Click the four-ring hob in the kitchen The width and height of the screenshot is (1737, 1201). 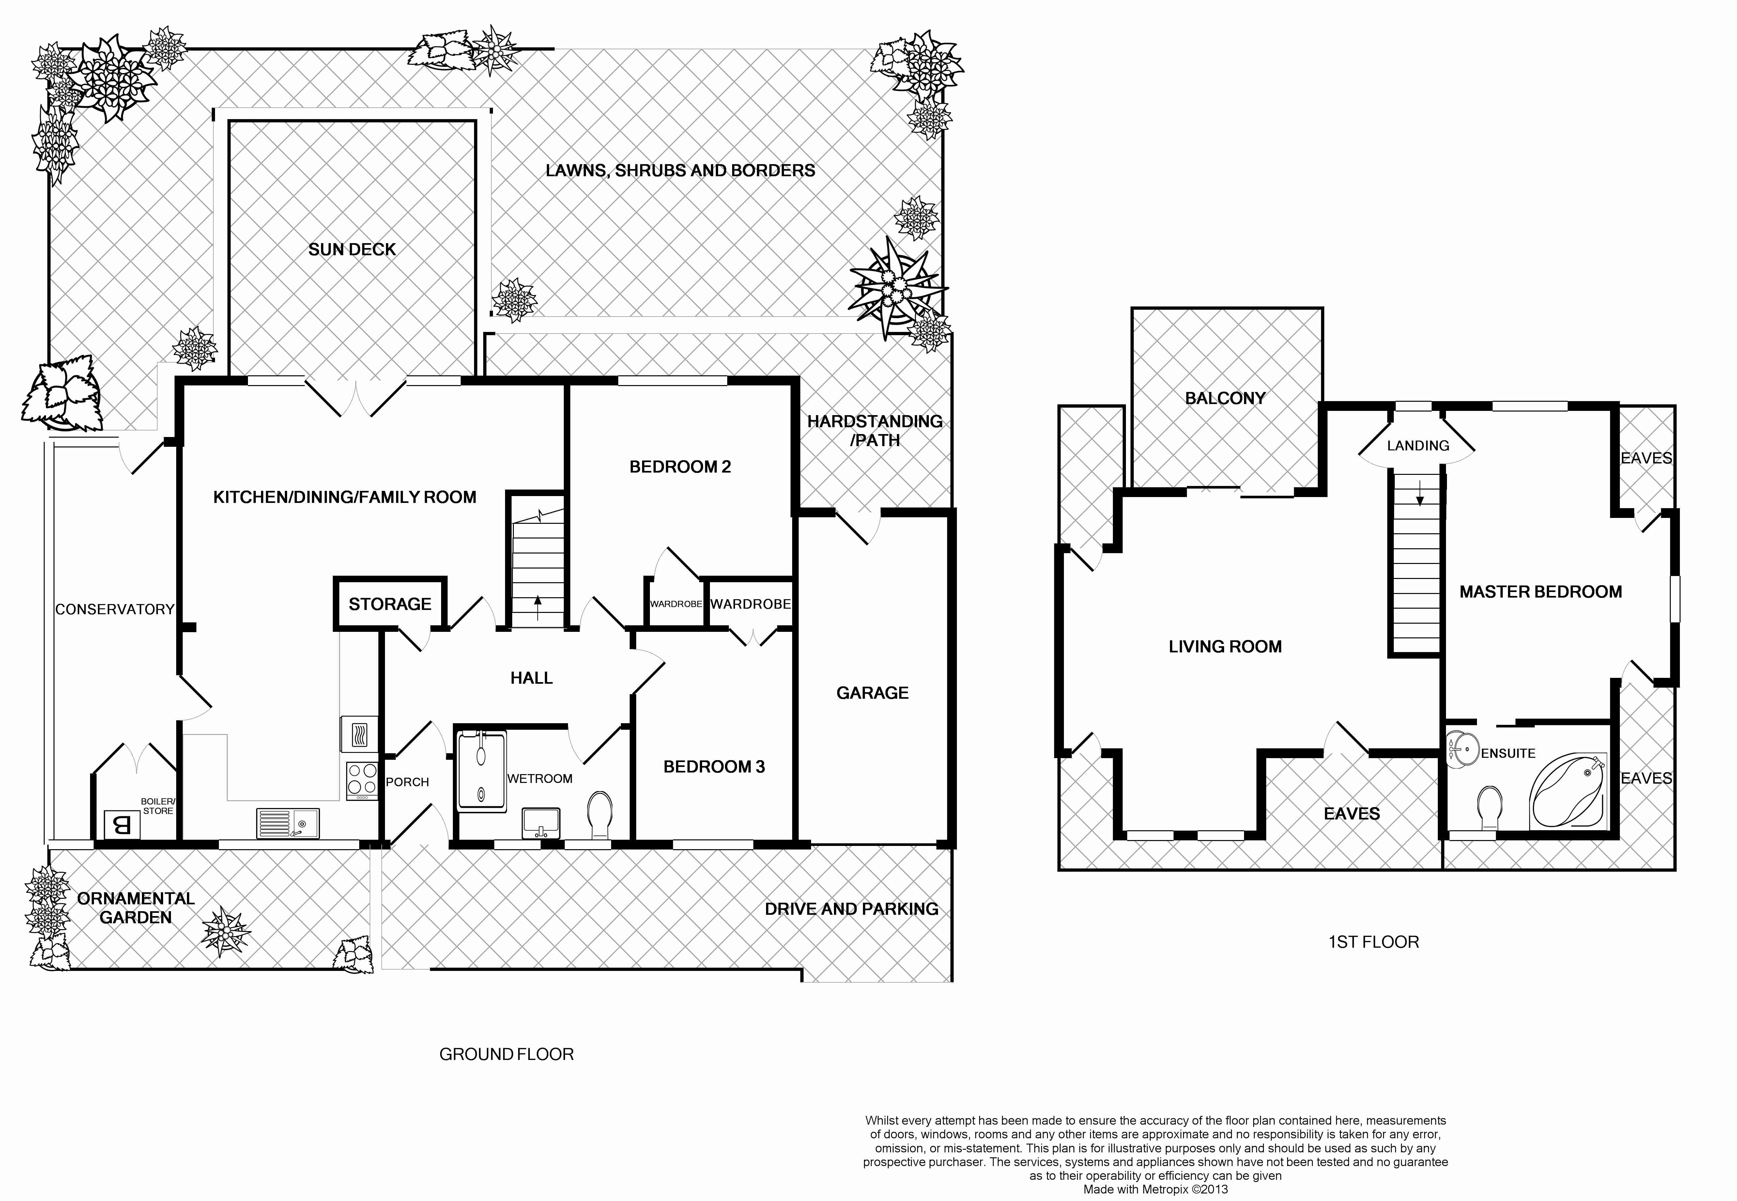362,780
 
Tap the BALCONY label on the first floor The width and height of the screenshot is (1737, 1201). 1225,398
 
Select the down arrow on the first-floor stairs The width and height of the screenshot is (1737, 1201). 1419,493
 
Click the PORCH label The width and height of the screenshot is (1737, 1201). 407,782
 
